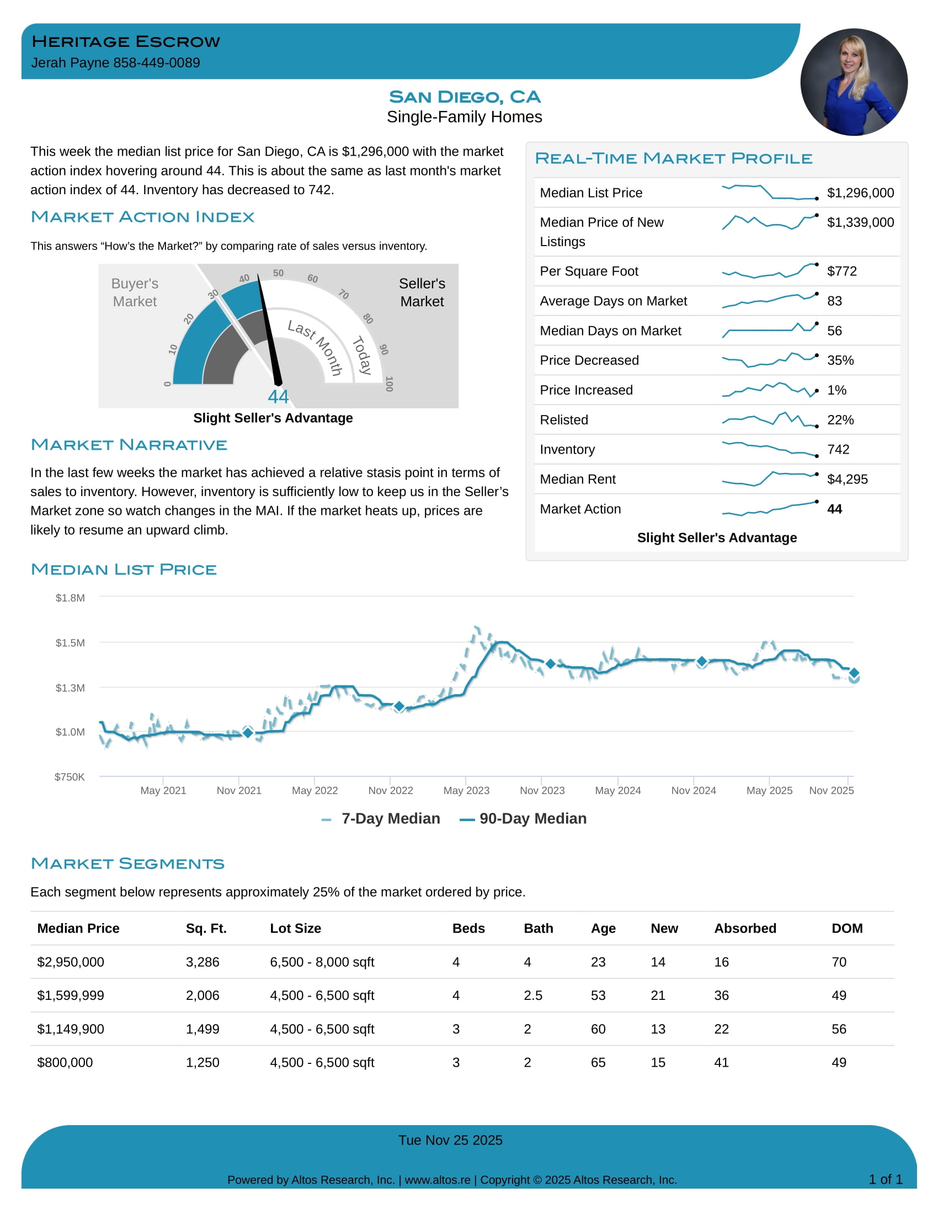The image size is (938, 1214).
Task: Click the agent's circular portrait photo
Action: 854,82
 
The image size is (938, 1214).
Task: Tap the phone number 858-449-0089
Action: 157,63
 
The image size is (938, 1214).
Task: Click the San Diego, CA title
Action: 465,97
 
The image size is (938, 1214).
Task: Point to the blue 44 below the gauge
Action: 278,396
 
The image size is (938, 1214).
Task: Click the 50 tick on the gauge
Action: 279,273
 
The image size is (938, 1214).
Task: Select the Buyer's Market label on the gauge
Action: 135,292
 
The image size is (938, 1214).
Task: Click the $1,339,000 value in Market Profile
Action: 860,222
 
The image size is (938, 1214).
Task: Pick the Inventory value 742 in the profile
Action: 838,449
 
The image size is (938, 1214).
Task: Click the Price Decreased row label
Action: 589,360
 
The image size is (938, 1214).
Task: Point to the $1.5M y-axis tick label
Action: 70,643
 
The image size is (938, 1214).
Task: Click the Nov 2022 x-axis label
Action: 390,790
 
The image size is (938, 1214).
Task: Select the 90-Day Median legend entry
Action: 524,819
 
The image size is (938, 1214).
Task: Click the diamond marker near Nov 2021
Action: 248,733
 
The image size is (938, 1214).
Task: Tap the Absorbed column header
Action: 745,928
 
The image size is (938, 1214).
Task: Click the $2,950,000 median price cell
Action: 71,962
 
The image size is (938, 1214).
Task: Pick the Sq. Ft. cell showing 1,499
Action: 202,1030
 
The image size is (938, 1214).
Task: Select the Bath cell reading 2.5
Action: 533,995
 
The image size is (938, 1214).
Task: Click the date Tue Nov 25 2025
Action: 450,1141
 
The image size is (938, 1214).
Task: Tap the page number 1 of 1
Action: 885,1180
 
